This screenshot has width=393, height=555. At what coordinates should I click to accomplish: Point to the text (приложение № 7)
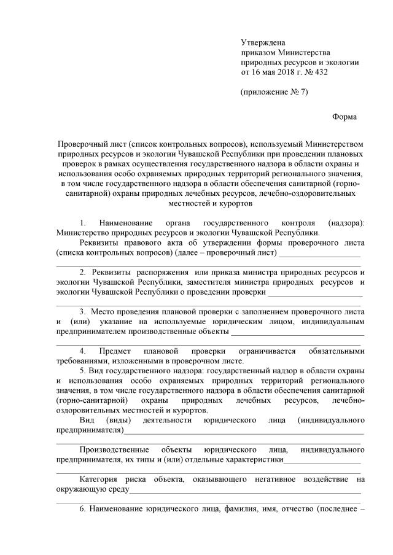coord(274,93)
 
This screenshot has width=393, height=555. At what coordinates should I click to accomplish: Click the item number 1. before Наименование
coord(84,222)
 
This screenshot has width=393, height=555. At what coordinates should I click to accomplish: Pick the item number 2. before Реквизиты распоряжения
coord(84,272)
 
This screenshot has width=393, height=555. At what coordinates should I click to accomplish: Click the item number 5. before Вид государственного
coord(84,371)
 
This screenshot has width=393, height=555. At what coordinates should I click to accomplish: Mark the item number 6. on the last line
coord(84,509)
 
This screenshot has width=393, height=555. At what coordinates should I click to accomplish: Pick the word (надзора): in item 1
coord(346,222)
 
